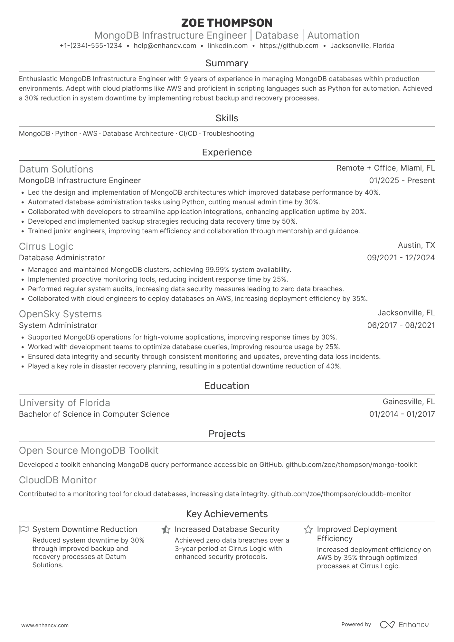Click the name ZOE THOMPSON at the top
tap(227, 23)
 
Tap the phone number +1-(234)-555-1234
tap(91, 46)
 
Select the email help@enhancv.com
tap(165, 46)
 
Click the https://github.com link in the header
tap(289, 46)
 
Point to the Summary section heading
tap(227, 63)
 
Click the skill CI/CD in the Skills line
tap(188, 134)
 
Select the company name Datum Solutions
tap(56, 169)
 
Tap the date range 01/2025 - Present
tap(402, 181)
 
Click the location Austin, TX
tap(416, 245)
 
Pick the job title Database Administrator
tap(62, 258)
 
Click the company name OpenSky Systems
tap(60, 314)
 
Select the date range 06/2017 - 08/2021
tap(401, 325)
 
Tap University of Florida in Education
tap(64, 403)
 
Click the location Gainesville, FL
tap(409, 402)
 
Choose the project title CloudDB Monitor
tap(58, 480)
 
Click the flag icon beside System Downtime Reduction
tap(24, 529)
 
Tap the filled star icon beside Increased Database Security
tap(166, 529)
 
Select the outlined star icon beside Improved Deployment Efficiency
tap(308, 529)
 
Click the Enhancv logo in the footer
tap(404, 625)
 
